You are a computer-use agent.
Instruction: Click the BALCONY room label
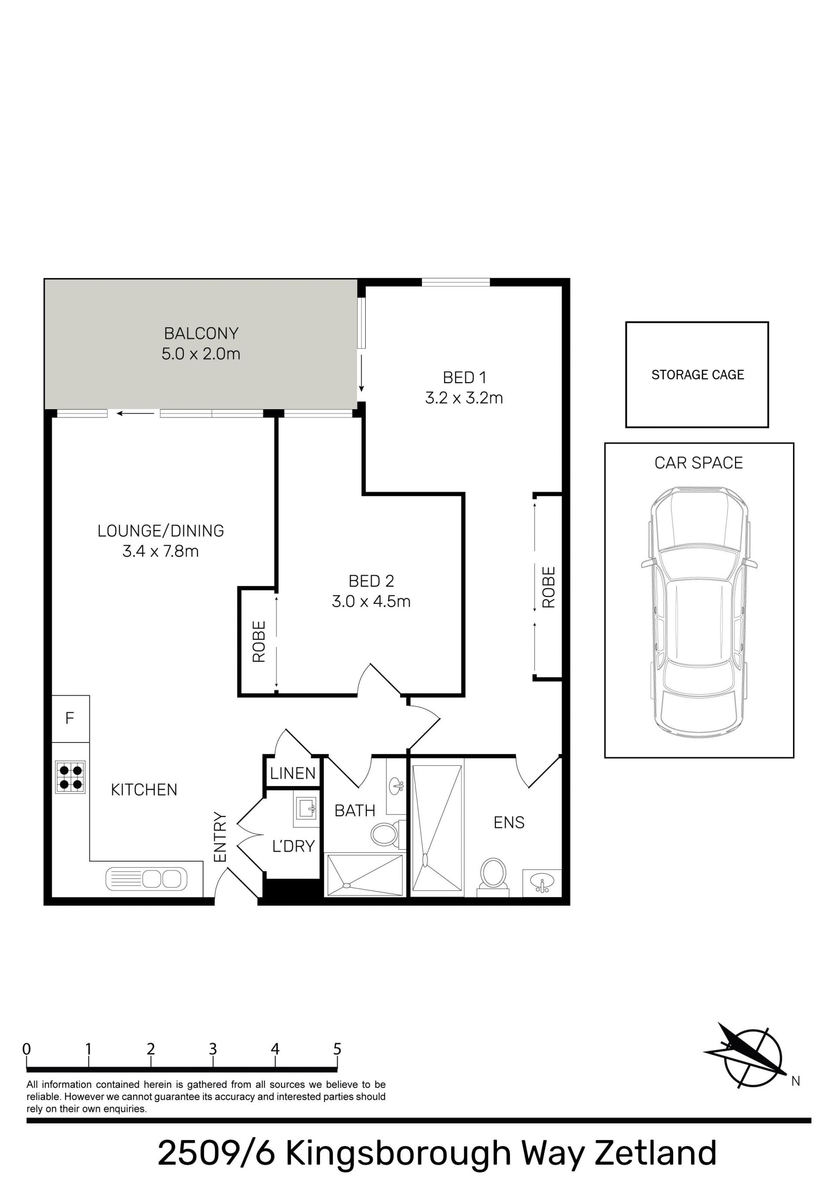(201, 334)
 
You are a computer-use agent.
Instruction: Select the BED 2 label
(371, 581)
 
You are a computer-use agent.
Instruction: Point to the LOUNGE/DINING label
(160, 531)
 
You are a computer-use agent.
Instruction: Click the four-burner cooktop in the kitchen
(70, 777)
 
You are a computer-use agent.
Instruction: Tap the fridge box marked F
(70, 719)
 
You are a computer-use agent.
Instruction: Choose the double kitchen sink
(146, 879)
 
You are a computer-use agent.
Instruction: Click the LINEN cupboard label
(293, 774)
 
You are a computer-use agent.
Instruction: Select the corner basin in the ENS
(542, 883)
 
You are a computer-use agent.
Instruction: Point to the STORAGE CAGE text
(697, 375)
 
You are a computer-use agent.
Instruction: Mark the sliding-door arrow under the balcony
(135, 413)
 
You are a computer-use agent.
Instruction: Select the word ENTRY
(220, 837)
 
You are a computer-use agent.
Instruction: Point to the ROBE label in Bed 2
(259, 641)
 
